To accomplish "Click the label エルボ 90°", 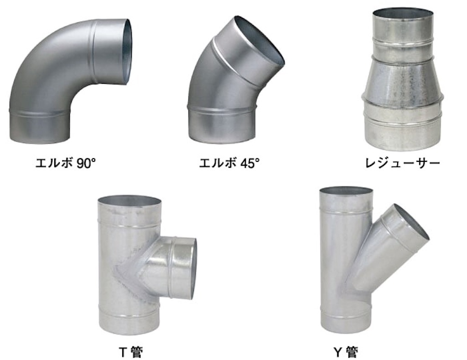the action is (66, 163).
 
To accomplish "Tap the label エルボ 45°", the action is (229, 163).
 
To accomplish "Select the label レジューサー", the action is (403, 163).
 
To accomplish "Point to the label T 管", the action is (131, 352).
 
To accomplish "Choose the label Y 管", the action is (346, 352).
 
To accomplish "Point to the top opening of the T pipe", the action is (130, 200).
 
